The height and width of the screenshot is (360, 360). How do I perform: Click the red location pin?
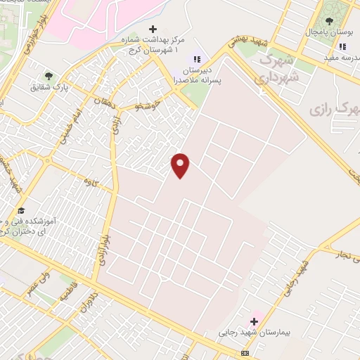coord(181,165)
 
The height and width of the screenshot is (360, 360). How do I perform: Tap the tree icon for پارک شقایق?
coord(49,75)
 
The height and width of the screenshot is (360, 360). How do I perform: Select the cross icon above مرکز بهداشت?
coord(153,29)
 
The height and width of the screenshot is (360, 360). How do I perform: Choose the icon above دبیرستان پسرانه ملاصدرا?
coord(198,58)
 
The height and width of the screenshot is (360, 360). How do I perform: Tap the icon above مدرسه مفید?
coord(342,47)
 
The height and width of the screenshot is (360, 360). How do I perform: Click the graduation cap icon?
coord(22,211)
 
